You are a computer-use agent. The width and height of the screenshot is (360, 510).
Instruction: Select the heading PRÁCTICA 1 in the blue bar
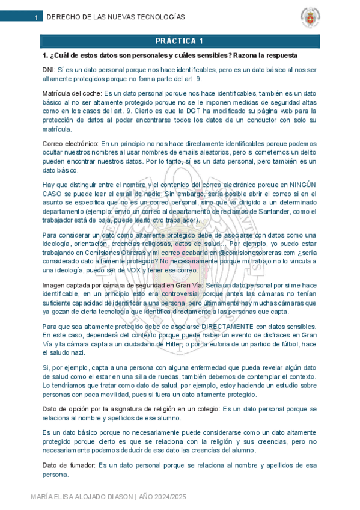[x=179, y=41]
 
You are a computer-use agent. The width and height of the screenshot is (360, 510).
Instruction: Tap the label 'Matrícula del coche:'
[x=72, y=94]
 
